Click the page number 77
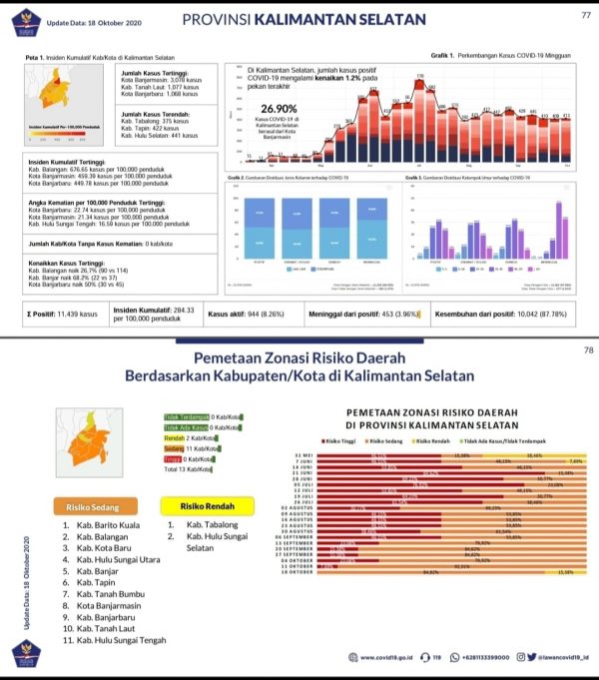586,15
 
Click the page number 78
586,351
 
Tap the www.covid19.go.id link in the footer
384,657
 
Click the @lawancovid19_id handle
557,657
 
